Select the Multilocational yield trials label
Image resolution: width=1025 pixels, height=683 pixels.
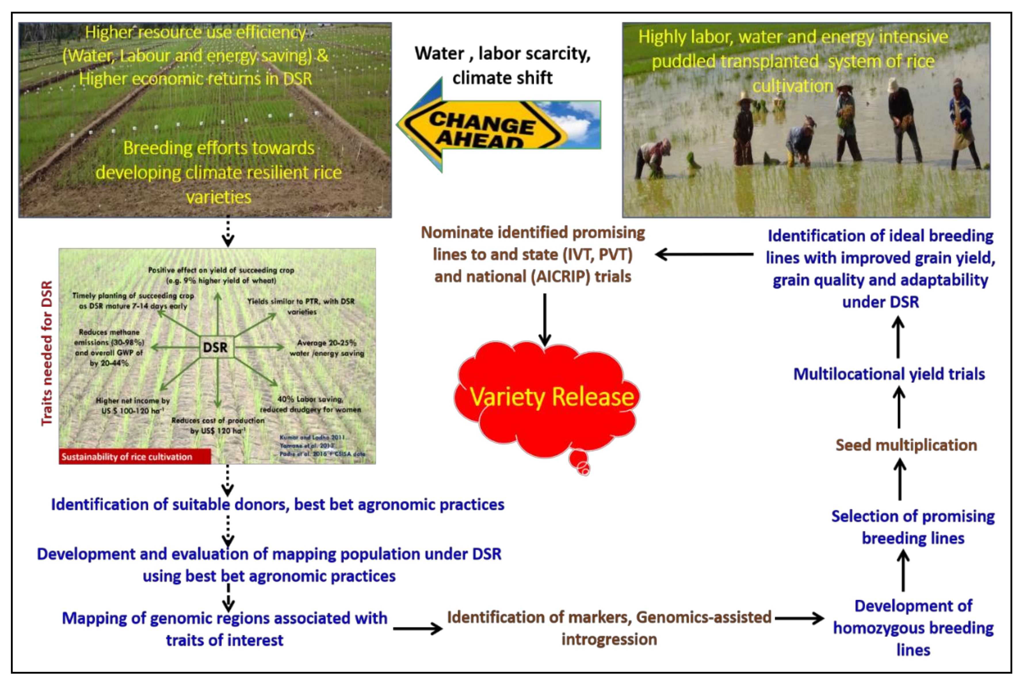(x=889, y=374)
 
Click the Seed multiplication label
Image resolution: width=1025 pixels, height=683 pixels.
(x=906, y=445)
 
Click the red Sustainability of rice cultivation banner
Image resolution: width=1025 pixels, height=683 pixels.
(x=135, y=457)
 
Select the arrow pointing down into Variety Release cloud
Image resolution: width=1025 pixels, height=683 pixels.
(x=544, y=320)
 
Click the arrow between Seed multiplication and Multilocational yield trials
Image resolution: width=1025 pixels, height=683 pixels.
(x=899, y=407)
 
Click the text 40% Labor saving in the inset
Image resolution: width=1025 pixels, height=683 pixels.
(x=310, y=399)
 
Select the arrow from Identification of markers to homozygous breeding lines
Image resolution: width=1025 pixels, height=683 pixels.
(x=799, y=618)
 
